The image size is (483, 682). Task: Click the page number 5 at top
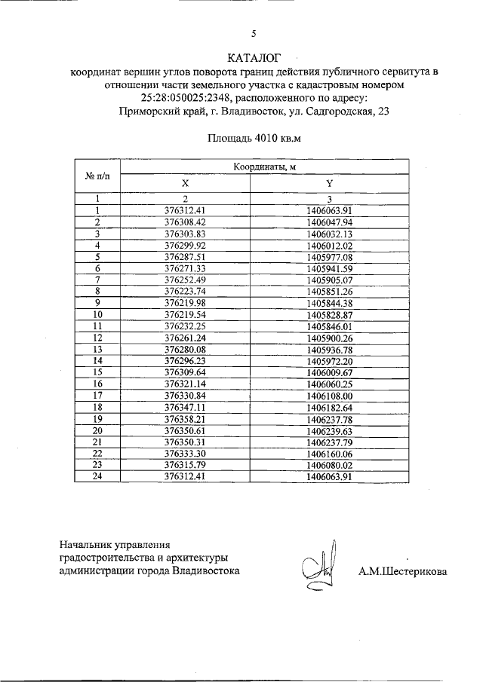pyautogui.click(x=254, y=32)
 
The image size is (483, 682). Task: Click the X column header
pyautogui.click(x=185, y=183)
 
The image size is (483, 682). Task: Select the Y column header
pyautogui.click(x=330, y=183)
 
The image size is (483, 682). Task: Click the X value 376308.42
pyautogui.click(x=185, y=222)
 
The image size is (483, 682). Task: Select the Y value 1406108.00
pyautogui.click(x=331, y=394)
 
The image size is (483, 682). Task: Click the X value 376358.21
pyautogui.click(x=185, y=418)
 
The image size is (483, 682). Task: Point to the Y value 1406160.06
pyautogui.click(x=331, y=453)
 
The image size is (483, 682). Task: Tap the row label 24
pyautogui.click(x=98, y=476)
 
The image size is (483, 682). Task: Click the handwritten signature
pyautogui.click(x=321, y=565)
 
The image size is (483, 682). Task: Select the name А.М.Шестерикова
pyautogui.click(x=403, y=571)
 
